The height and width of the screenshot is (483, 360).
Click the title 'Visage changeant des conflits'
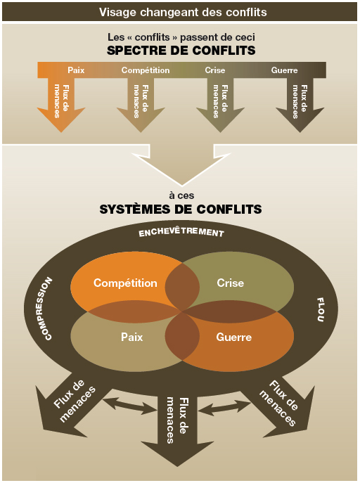tap(183, 12)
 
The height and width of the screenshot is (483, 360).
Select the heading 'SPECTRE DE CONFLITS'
tap(181, 51)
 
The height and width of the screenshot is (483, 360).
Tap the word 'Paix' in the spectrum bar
tap(76, 70)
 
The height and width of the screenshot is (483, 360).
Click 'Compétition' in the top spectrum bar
tap(146, 70)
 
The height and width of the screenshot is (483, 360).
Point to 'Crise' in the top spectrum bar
tap(215, 70)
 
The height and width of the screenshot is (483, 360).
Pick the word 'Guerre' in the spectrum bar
tap(284, 70)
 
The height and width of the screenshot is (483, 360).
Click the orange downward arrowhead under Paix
tap(61, 120)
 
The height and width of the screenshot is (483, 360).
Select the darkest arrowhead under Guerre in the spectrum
tap(300, 120)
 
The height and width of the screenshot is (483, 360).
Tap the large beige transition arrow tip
tap(181, 185)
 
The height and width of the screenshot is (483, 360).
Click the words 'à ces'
tap(181, 195)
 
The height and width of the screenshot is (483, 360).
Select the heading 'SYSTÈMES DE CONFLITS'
tap(181, 210)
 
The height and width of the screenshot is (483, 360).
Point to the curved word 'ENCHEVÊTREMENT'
tap(181, 233)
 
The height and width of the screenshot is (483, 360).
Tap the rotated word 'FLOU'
tap(321, 309)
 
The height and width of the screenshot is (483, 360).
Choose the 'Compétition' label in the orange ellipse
tap(125, 283)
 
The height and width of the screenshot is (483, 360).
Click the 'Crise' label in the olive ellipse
tap(231, 283)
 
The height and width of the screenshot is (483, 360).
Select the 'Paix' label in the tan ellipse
tap(131, 337)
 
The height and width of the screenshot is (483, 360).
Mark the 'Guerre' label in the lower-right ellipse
tap(233, 337)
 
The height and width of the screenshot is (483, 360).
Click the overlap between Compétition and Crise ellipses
tap(182, 286)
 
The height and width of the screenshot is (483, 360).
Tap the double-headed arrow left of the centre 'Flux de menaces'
tap(129, 405)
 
